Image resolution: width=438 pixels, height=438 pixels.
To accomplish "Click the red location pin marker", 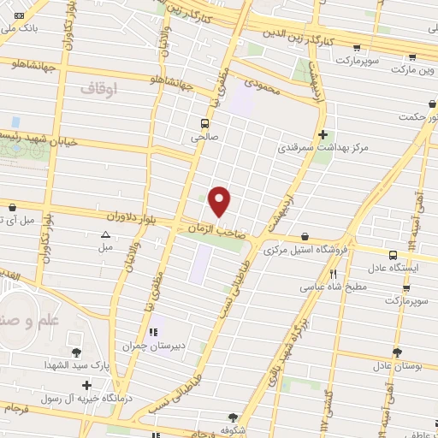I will click(220, 201).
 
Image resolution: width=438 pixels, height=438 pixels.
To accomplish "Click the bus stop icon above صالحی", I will click(204, 122).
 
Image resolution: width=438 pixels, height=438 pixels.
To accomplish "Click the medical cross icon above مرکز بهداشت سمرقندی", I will click(323, 134).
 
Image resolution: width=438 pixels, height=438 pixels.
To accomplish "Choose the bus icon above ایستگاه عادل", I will click(393, 255).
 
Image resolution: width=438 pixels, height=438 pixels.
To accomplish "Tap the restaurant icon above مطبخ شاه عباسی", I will click(333, 273).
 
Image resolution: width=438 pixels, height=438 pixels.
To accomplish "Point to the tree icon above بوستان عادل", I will click(396, 352).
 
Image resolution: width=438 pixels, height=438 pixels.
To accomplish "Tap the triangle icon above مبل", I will click(105, 234).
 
